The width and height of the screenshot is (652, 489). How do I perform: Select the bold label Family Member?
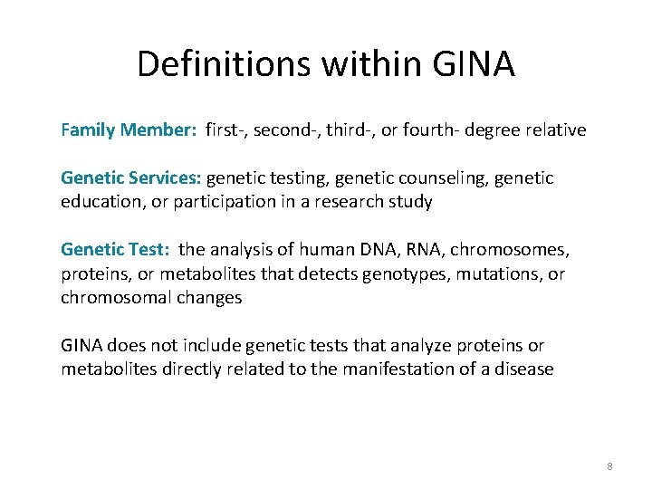(x=129, y=130)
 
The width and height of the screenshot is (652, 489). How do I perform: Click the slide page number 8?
(x=609, y=465)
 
